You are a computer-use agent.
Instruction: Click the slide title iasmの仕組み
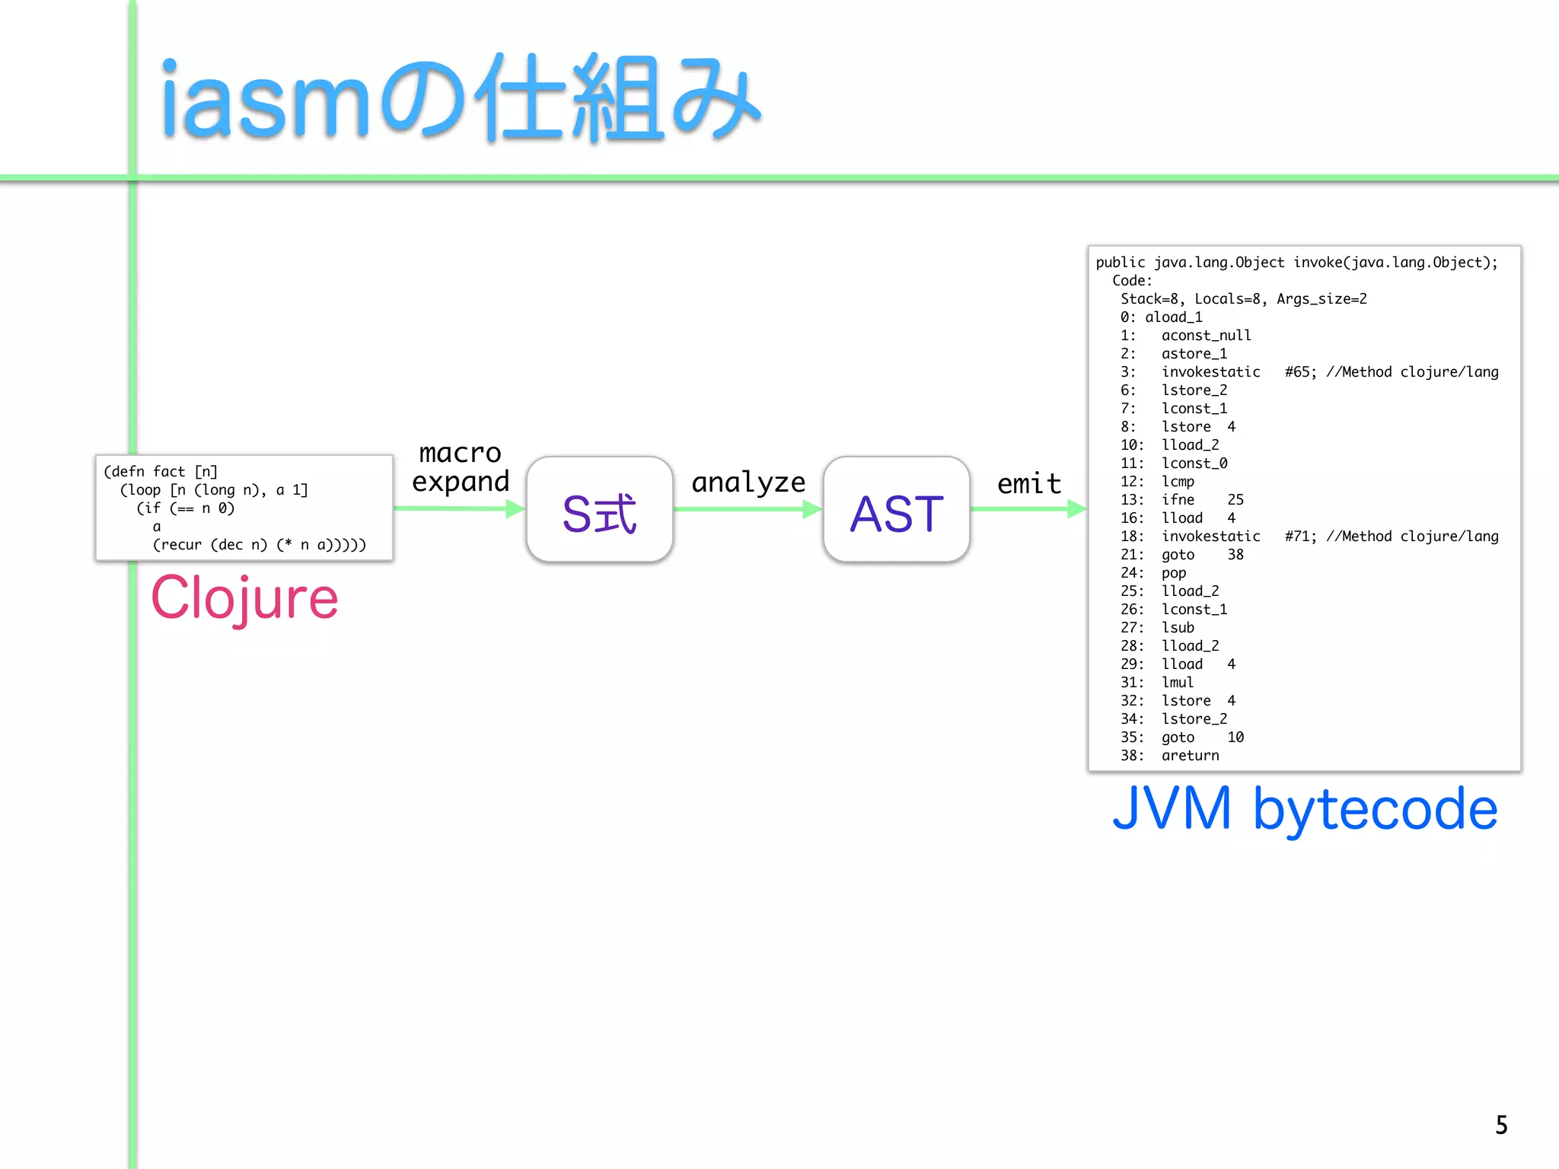(460, 99)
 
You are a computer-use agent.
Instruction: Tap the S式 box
(599, 510)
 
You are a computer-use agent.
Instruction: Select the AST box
(896, 510)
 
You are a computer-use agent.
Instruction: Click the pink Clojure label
(244, 598)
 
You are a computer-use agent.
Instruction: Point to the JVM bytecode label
(1304, 808)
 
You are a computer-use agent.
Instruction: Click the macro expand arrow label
(461, 467)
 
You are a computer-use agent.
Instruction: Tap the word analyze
(748, 482)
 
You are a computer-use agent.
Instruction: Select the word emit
(1029, 483)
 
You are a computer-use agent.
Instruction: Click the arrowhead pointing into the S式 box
(515, 508)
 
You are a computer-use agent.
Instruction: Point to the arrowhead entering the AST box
(812, 509)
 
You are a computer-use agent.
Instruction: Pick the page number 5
(1501, 1125)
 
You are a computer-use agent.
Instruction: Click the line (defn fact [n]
(161, 472)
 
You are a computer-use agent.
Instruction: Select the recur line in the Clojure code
(259, 545)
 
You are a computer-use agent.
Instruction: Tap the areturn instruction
(1190, 756)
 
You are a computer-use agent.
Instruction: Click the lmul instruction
(1177, 683)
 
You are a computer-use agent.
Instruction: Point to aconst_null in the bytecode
(1206, 336)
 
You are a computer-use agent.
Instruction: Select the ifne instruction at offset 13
(1178, 500)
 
